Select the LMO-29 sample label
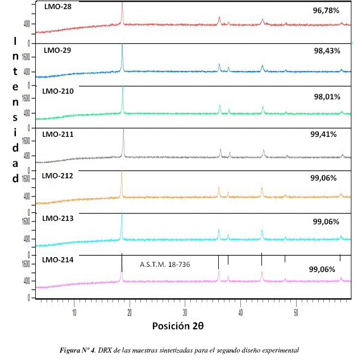[57, 51]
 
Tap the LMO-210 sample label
[59, 91]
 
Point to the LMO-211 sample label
[59, 135]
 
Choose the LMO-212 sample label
[59, 176]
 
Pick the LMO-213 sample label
[59, 218]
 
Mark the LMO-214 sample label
[59, 259]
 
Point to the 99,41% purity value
[324, 135]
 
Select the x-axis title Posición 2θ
[178, 326]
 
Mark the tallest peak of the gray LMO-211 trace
[124, 131]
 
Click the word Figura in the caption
[71, 350]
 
